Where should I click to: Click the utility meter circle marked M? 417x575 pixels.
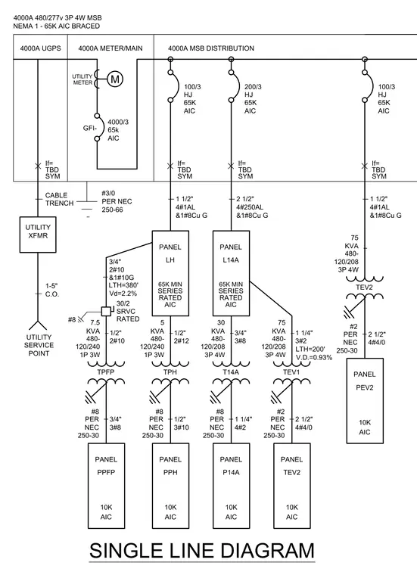point(115,79)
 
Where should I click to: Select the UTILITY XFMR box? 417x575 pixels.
point(38,235)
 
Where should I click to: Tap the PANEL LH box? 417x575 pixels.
point(170,273)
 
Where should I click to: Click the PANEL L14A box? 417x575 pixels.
point(231,273)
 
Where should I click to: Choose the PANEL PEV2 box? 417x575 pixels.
point(365,401)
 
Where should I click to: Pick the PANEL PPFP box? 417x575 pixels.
point(106,486)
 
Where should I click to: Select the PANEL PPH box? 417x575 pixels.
point(170,486)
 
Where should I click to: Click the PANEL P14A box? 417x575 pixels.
point(231,486)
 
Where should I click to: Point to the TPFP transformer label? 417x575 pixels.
point(106,371)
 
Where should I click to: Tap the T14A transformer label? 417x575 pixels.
point(231,371)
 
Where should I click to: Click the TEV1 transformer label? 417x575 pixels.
point(291,371)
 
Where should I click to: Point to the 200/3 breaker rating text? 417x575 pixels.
point(253,87)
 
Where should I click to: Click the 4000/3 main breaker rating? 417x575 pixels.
point(118,122)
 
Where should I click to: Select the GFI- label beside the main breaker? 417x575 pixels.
point(90,129)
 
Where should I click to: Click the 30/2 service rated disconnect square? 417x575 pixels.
point(106,311)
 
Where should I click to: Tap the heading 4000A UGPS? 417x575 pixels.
point(40,48)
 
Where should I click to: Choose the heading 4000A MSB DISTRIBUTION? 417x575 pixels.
point(211,48)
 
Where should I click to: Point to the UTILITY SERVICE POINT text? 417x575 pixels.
point(39,345)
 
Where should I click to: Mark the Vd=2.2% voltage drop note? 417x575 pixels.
point(123,294)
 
